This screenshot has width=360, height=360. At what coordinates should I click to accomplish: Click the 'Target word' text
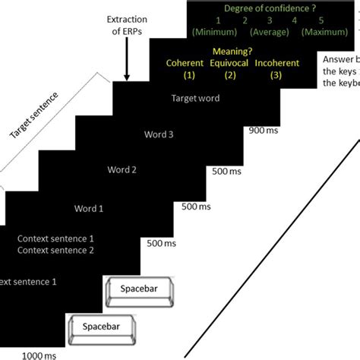(x=195, y=99)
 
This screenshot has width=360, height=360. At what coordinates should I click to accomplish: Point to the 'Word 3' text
(x=159, y=135)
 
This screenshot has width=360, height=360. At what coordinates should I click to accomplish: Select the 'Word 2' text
(x=122, y=170)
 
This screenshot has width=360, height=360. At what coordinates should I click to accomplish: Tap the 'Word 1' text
(x=88, y=207)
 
